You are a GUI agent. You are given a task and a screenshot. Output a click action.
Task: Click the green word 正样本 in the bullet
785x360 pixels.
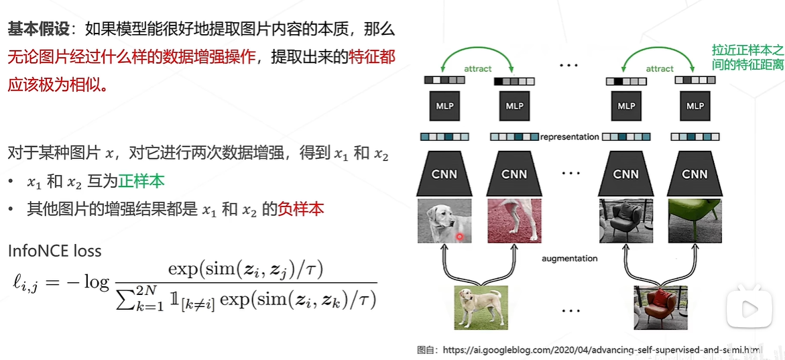[x=141, y=182]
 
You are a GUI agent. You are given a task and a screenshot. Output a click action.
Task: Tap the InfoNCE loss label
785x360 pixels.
[x=55, y=251]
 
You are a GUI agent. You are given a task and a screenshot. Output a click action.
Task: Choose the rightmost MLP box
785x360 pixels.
[x=695, y=106]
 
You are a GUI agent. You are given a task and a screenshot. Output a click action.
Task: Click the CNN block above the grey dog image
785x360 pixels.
[x=444, y=174]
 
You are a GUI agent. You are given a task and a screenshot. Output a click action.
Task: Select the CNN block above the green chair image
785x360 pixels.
[x=695, y=174]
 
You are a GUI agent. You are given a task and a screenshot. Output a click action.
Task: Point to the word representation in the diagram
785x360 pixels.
[x=569, y=137]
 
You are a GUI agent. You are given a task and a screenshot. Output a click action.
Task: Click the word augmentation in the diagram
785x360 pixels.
[x=570, y=258]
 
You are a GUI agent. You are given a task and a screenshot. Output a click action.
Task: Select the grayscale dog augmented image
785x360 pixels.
[x=443, y=221]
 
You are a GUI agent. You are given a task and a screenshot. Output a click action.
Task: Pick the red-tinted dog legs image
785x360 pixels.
[x=514, y=221]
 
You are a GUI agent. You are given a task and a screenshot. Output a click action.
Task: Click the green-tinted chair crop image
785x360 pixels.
[x=694, y=221]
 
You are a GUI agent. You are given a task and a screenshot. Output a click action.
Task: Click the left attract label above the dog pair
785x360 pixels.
[x=477, y=68]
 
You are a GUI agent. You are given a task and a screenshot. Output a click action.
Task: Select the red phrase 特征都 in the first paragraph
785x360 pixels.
[x=372, y=56]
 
